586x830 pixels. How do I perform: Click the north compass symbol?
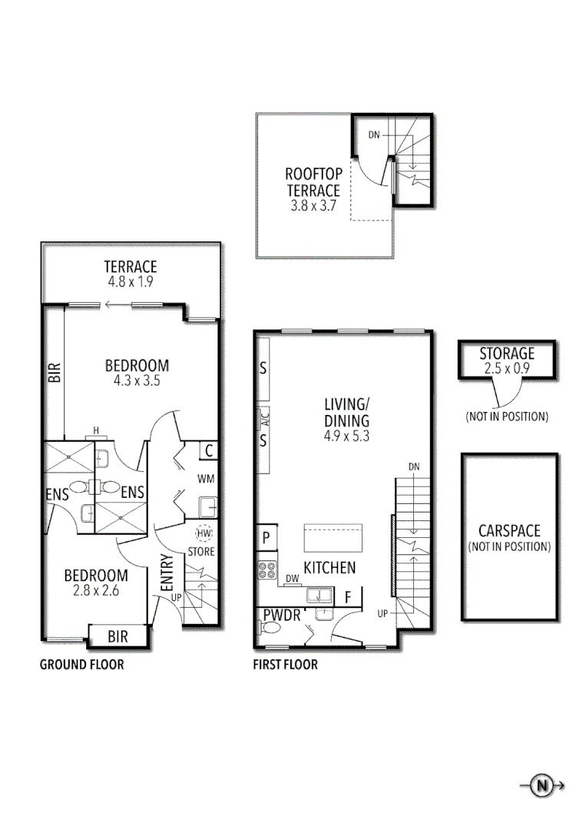pos(543,785)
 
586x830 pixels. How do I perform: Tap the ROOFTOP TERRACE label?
pos(313,183)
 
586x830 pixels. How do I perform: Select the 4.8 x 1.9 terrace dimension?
pos(131,282)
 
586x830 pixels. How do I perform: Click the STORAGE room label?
pos(507,354)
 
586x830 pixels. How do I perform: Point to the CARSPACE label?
pos(509,531)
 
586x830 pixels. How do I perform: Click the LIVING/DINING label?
pos(346,412)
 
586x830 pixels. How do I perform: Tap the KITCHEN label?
pos(329,568)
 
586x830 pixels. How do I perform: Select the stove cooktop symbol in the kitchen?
pos(267,570)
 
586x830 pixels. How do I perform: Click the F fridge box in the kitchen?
pos(348,596)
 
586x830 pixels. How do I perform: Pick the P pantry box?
pos(266,537)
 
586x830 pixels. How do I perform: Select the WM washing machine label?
pos(206,479)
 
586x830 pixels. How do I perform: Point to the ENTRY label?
pos(167,573)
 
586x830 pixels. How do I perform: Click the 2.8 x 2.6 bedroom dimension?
pos(95,591)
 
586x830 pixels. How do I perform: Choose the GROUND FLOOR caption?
pos(81,665)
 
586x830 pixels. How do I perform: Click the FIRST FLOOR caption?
pos(285,665)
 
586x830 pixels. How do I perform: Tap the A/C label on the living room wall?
pos(263,419)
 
